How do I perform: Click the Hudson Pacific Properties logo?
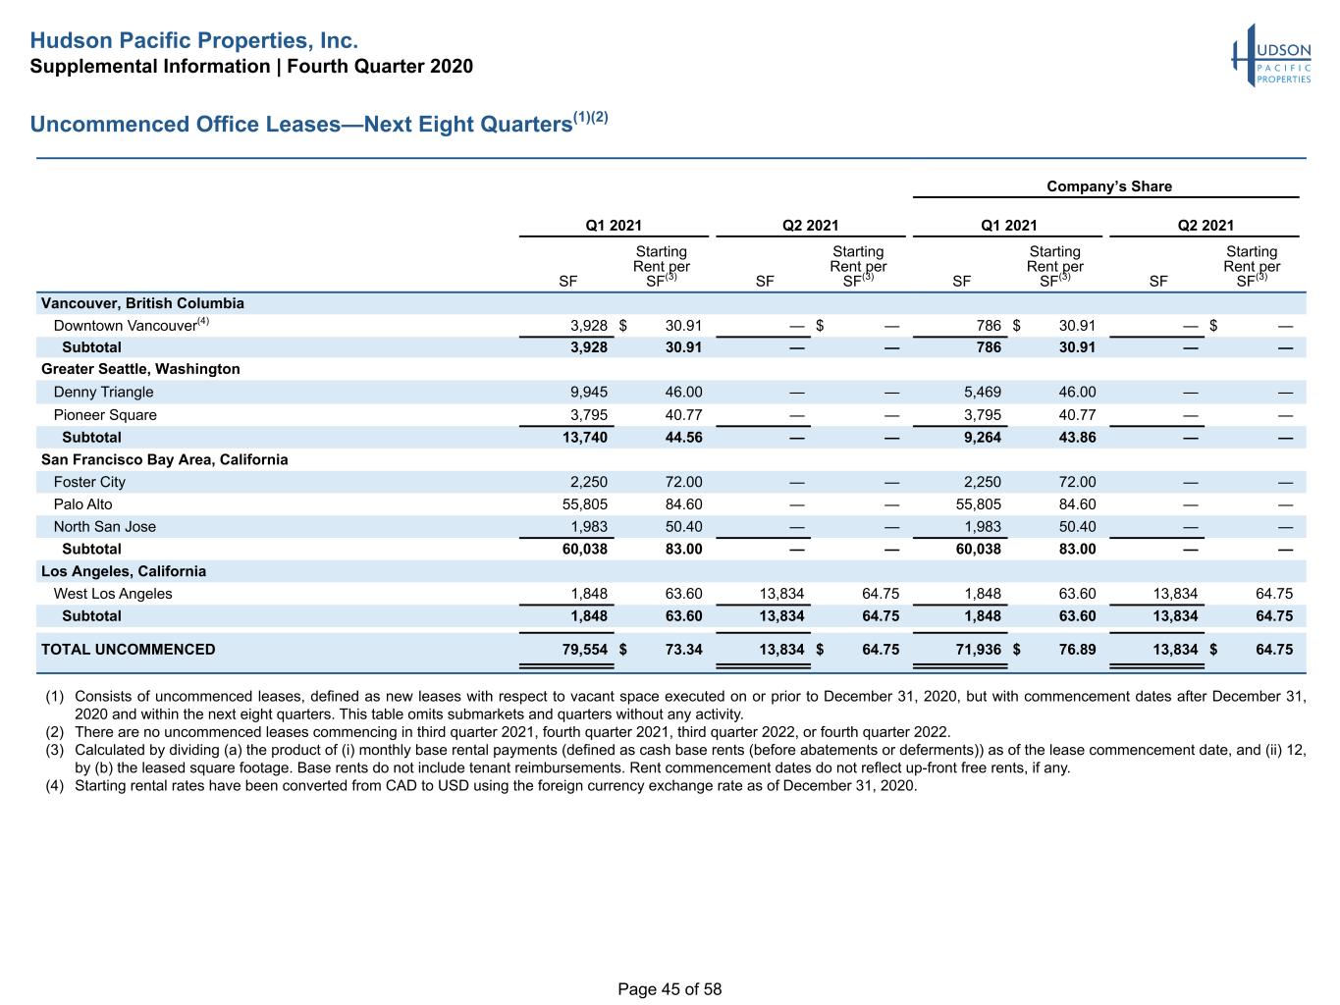coord(1271,56)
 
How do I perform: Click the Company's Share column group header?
coord(1108,186)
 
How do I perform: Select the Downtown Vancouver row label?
coord(131,325)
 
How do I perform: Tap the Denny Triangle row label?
coord(103,392)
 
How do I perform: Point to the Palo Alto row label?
coord(83,504)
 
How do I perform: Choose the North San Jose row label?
coord(104,527)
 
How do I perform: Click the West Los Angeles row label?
coord(113,594)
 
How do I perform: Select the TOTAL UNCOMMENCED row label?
coord(129,650)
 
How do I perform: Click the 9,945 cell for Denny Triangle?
coord(588,392)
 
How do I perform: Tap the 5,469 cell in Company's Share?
coord(983,392)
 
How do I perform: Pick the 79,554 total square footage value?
coord(584,650)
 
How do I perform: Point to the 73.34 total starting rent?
coord(683,650)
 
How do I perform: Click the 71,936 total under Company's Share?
coord(978,650)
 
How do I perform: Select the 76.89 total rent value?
coord(1078,650)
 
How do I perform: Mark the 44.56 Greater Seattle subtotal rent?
coord(683,438)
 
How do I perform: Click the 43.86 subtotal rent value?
coord(1078,438)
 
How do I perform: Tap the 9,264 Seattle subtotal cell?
coord(983,438)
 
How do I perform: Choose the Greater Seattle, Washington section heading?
coord(140,369)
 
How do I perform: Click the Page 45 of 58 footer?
coord(670,989)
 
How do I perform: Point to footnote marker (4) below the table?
coord(54,785)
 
